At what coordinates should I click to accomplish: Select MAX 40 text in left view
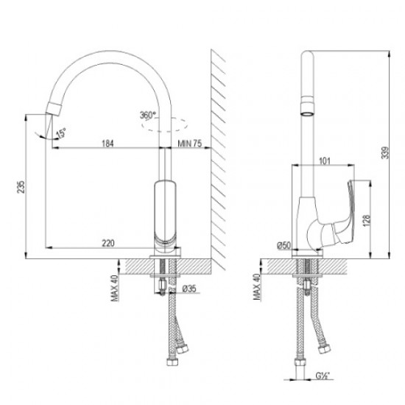click(114, 288)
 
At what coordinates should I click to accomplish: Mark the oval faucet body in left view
click(164, 214)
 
